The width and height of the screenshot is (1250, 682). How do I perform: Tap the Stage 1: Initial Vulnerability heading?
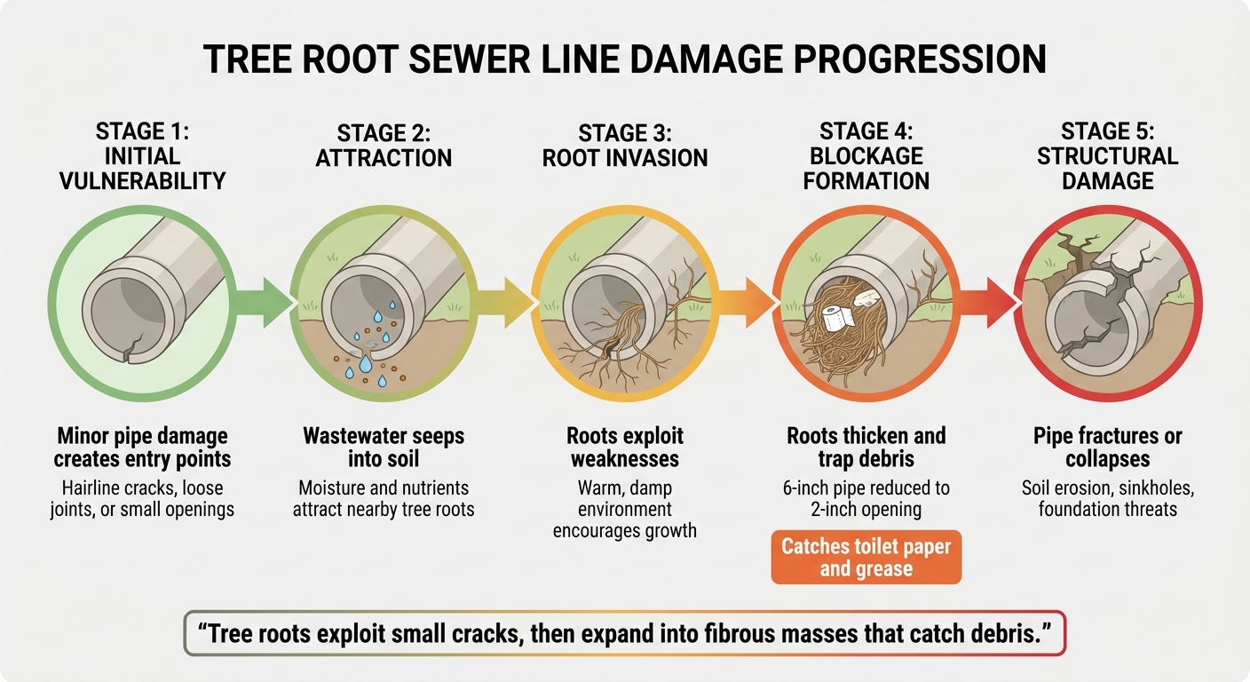142,156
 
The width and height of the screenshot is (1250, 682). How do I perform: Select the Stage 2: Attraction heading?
384,146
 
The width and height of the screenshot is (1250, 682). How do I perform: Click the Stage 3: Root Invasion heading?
625,146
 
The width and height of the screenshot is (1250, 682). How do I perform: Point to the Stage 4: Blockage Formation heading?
866,156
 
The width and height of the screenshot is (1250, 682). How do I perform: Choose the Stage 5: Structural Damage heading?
1107,156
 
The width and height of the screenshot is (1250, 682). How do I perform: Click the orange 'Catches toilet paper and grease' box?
866,558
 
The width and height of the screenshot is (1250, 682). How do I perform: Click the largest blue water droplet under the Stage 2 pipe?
366,365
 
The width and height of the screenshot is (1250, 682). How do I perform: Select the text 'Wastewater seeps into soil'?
384,448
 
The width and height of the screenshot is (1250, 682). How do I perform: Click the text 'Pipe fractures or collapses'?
1107,448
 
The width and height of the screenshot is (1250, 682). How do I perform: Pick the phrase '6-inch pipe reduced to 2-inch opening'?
866,498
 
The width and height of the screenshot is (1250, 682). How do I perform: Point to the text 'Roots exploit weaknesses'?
625,448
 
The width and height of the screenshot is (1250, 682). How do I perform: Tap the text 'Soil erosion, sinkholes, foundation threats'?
1107,498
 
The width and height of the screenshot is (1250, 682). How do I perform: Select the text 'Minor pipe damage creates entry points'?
142,448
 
